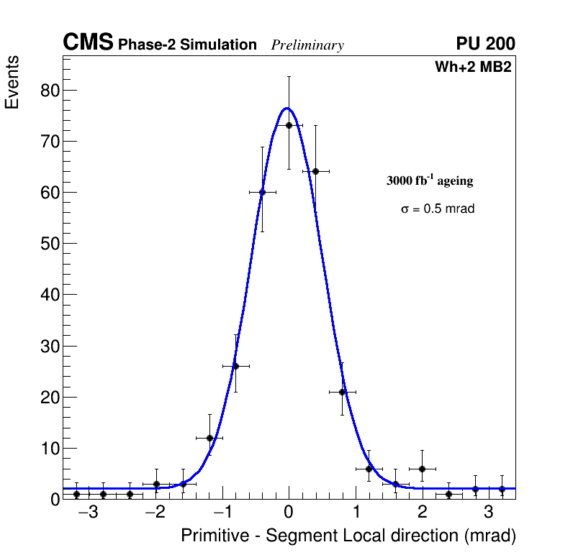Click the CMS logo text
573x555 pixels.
coord(88,43)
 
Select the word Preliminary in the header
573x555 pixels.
coord(307,45)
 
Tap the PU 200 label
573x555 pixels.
coord(485,44)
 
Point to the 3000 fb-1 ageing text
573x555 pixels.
coord(430,180)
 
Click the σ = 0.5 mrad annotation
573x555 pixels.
coord(438,209)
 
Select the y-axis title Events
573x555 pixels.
coord(12,82)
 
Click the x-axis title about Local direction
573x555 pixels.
coord(348,536)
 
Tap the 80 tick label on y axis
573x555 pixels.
coord(49,91)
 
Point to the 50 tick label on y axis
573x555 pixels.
coord(49,244)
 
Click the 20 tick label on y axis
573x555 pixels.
coord(49,397)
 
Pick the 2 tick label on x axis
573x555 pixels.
coord(423,513)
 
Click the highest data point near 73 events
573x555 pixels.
coord(289,125)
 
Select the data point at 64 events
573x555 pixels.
coord(315,171)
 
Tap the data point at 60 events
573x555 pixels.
coord(262,192)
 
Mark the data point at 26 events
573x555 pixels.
coord(235,366)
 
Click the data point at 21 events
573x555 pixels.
coord(342,392)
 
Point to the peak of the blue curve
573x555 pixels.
coord(286,108)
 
